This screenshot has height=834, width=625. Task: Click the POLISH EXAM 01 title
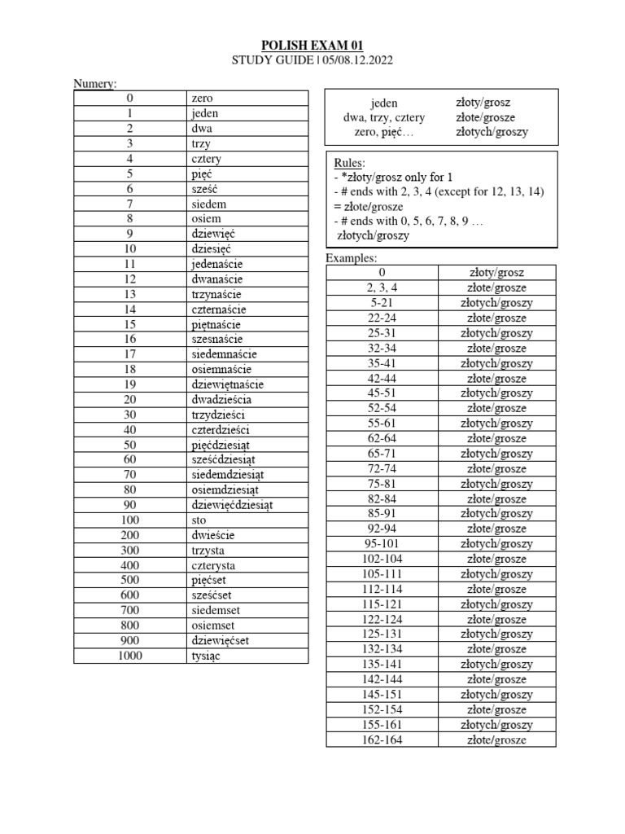click(312, 45)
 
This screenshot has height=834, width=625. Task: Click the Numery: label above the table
click(95, 83)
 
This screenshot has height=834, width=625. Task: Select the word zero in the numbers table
click(202, 99)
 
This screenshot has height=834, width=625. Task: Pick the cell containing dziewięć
click(212, 234)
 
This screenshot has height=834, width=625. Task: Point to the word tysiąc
click(208, 656)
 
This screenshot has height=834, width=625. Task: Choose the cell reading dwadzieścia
click(221, 400)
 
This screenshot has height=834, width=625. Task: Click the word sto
click(199, 520)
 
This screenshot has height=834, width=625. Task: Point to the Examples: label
click(352, 257)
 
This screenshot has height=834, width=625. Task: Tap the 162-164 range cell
click(382, 740)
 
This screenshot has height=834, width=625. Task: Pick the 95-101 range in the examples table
click(382, 544)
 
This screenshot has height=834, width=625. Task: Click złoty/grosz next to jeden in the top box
click(483, 103)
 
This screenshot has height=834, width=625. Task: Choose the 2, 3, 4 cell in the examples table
click(382, 288)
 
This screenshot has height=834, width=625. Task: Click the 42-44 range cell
click(382, 378)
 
